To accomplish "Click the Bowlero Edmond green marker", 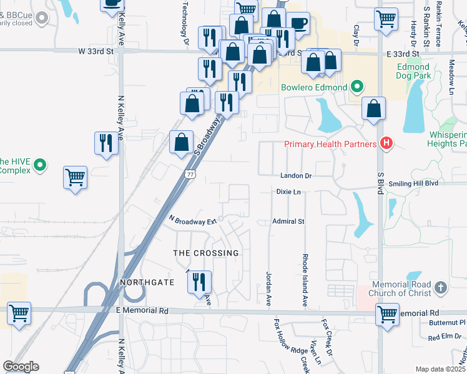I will tap(357, 87).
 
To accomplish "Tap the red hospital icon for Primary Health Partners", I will tap(386, 144).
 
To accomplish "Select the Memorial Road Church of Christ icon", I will tap(441, 287).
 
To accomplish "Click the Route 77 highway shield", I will tap(190, 175).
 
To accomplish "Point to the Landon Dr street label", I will tap(295, 176).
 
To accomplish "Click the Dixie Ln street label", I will tap(289, 192).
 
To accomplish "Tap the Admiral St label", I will tap(288, 221).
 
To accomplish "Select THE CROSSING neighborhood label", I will tap(206, 253).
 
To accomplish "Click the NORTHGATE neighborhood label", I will tap(147, 282).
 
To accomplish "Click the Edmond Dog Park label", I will tap(413, 71).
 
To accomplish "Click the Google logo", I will tap(21, 367).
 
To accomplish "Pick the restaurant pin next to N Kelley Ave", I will tap(106, 143).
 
